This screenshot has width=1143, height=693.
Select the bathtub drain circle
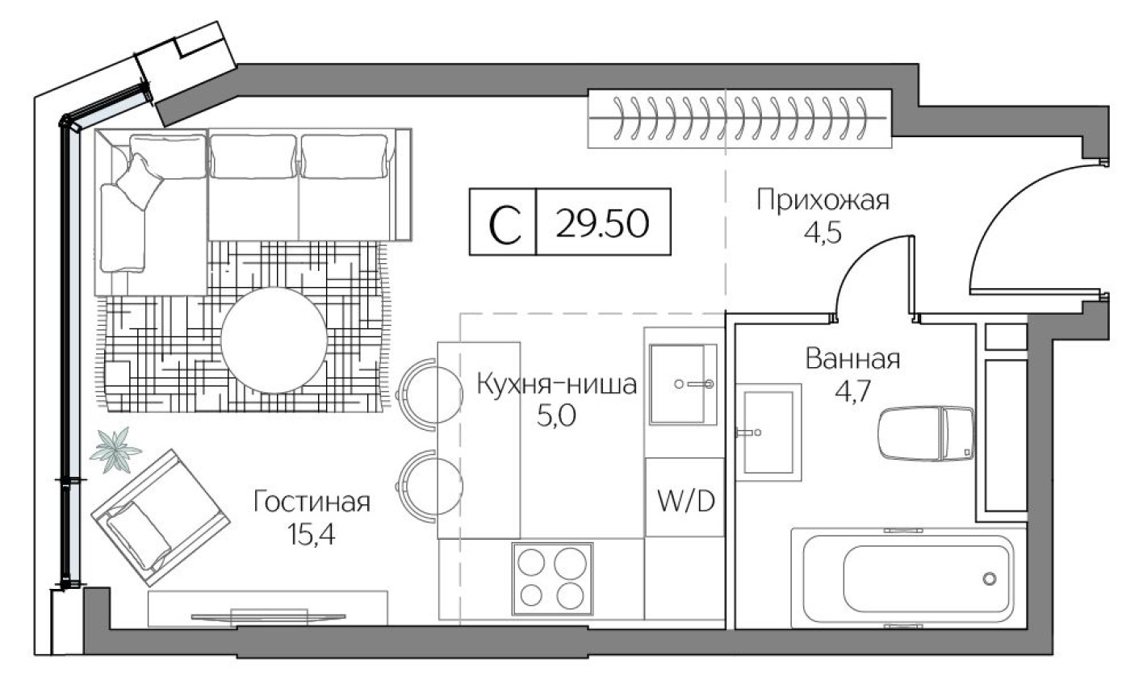989,578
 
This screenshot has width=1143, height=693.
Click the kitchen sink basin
683,384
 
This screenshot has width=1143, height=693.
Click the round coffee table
274,340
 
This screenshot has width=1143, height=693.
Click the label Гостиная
312,503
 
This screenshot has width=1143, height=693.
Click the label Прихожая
823,199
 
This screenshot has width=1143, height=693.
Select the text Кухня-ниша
556,385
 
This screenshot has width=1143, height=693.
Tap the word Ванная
852,359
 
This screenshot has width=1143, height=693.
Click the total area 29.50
602,222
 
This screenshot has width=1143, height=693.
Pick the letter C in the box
503,223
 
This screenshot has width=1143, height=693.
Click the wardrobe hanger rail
738,118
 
